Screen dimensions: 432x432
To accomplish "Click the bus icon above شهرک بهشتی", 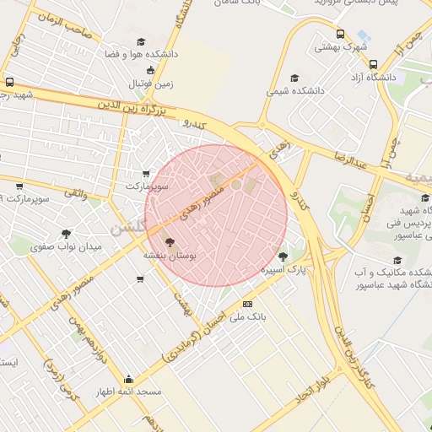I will click(340, 35).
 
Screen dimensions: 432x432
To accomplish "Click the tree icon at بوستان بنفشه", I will click(170, 241).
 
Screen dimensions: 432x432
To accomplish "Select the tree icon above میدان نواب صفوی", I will click(67, 234).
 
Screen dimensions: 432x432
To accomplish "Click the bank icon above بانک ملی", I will click(247, 304).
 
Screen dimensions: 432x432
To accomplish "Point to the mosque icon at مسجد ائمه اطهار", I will click(128, 379).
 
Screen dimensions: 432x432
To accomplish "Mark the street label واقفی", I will click(73, 193).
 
